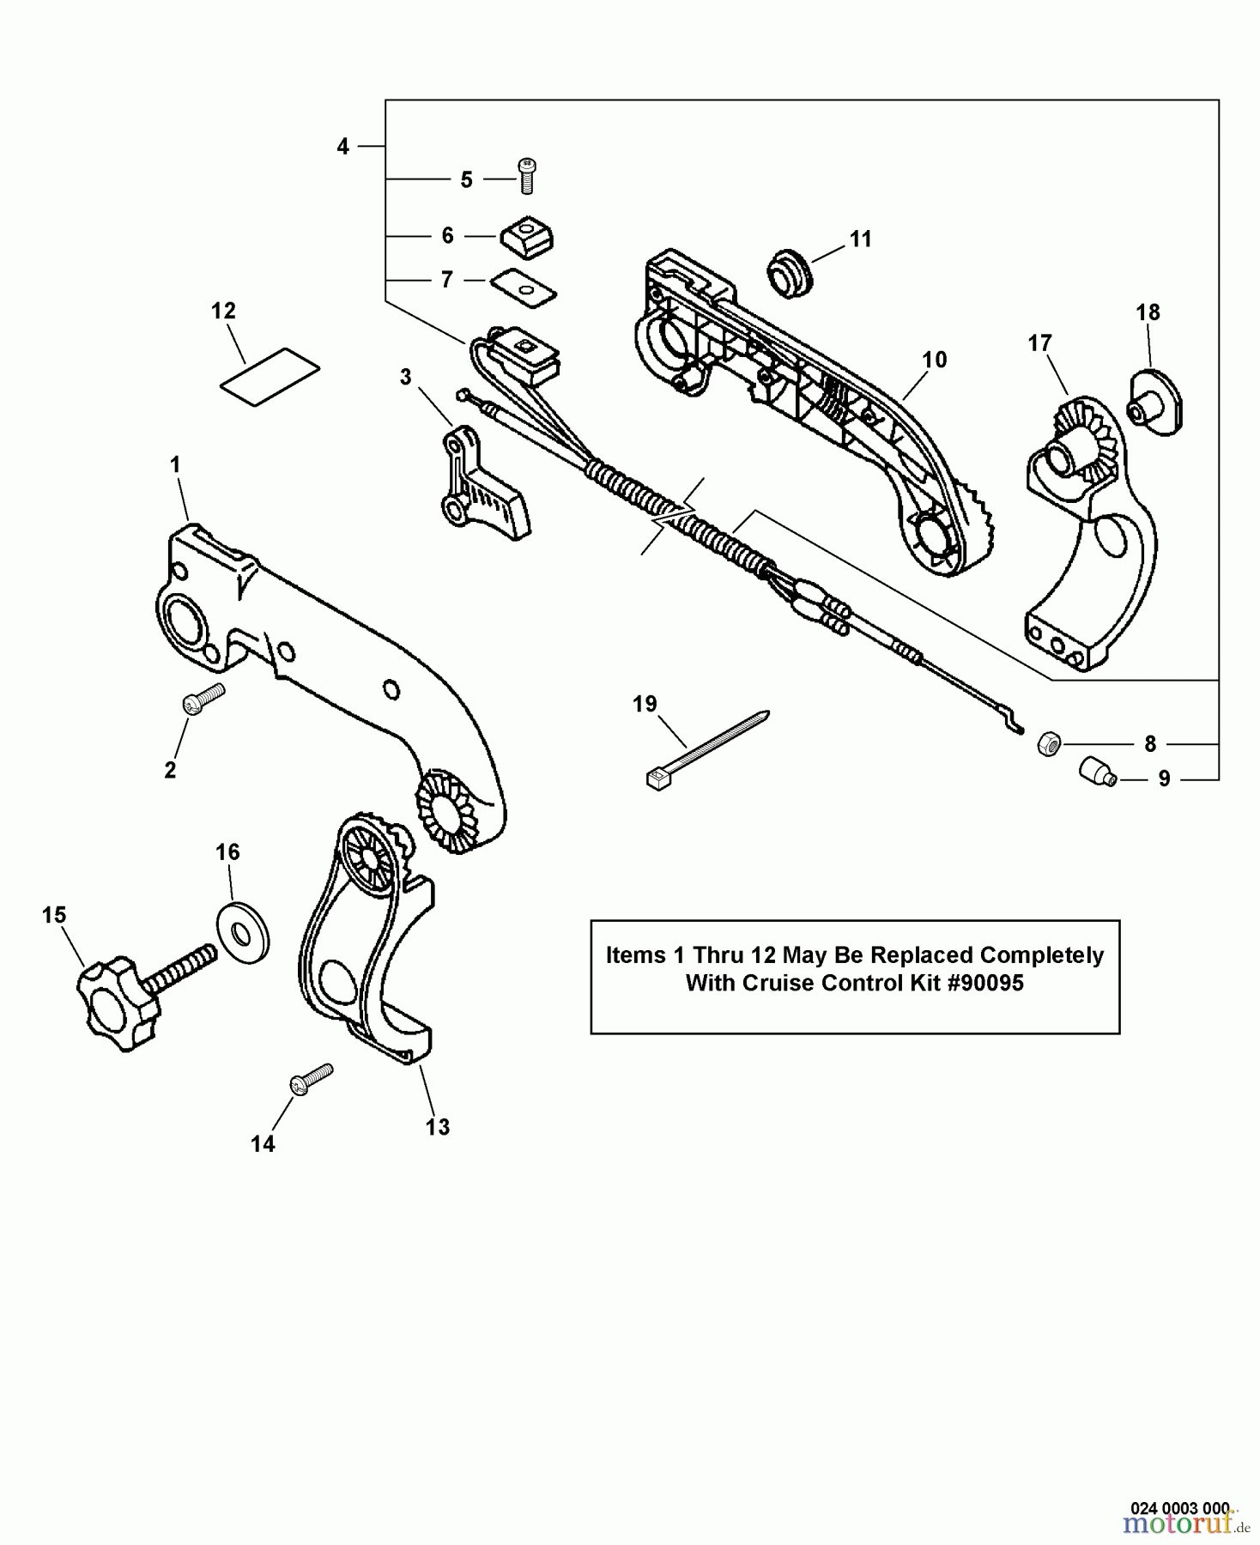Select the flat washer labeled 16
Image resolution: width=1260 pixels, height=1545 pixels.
pos(241,931)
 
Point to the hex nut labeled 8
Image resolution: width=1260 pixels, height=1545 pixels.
pos(1048,743)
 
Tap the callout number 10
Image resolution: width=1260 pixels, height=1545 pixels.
pos(934,360)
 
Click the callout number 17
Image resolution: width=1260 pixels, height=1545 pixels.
pos(1039,343)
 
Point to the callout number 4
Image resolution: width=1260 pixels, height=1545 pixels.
pos(342,147)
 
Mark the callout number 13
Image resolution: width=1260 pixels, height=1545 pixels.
pos(438,1126)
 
